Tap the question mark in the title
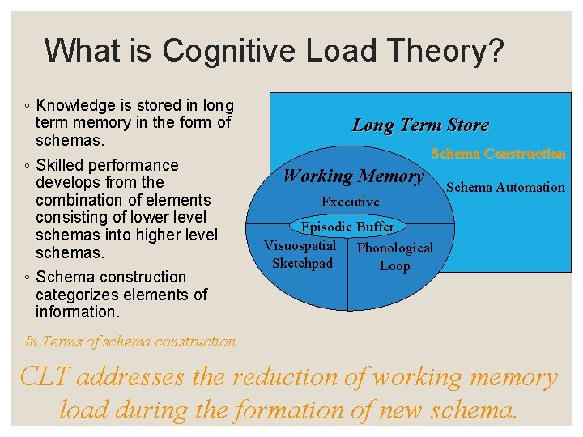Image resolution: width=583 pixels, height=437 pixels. (494, 51)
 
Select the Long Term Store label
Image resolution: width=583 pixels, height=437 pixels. (420, 125)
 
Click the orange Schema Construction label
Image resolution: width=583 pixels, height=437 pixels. (498, 153)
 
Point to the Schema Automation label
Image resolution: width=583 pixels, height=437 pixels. (505, 187)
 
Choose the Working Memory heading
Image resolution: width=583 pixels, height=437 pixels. (353, 176)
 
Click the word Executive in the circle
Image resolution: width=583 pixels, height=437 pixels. (350, 202)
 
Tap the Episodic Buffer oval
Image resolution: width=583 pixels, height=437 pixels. (348, 227)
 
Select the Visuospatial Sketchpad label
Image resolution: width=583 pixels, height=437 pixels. (300, 255)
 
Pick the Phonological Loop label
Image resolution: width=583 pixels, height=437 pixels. (394, 257)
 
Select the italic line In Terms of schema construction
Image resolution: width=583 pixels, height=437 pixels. (130, 342)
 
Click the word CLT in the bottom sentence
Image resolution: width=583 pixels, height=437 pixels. (42, 377)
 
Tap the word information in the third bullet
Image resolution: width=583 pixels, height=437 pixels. (78, 312)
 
